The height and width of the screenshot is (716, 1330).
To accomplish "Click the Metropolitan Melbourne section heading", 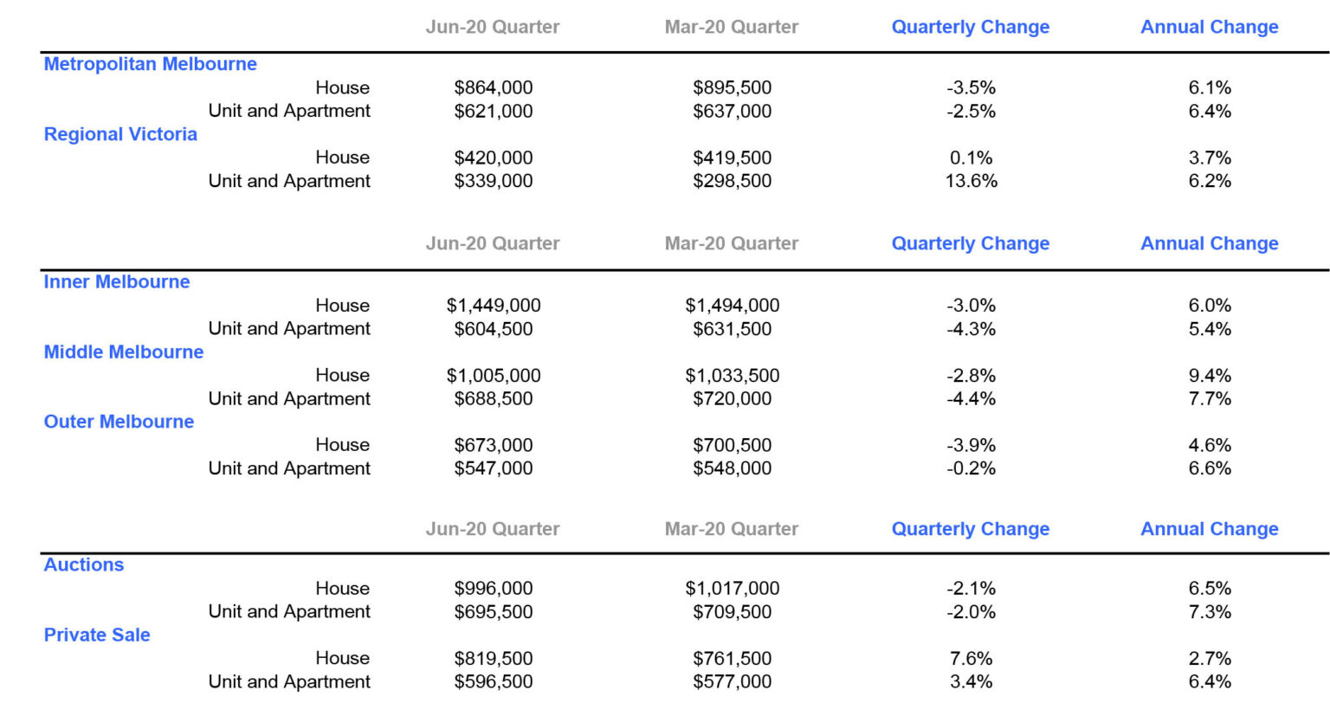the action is click(150, 64).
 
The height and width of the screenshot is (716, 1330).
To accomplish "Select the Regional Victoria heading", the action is click(120, 134).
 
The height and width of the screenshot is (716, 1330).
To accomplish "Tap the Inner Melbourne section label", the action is click(117, 281).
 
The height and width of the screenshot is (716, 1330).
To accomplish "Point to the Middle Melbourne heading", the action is click(124, 352).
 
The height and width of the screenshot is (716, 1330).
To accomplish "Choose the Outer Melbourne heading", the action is click(119, 422).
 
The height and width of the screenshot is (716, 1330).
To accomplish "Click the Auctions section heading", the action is click(84, 564).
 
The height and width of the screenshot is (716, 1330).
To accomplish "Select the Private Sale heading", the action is click(97, 635).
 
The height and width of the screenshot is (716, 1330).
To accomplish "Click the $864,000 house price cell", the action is click(493, 87).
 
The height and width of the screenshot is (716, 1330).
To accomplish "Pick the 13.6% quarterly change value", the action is click(971, 181).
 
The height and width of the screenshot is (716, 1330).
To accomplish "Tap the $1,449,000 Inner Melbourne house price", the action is click(493, 306).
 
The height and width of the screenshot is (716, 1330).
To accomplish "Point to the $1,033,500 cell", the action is click(732, 376).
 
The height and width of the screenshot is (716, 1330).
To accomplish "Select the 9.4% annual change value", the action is click(1209, 376).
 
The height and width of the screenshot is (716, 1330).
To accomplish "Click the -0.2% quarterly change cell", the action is click(971, 468).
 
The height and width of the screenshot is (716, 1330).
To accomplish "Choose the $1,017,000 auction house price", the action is click(732, 589).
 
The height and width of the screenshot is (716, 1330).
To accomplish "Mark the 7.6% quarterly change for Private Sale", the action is click(971, 659).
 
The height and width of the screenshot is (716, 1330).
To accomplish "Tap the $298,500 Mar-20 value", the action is click(732, 181).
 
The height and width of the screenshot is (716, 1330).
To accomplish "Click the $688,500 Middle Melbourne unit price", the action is click(493, 399).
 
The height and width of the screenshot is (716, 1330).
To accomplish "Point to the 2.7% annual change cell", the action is click(1209, 659).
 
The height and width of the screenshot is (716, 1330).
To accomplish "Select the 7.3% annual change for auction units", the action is click(1209, 612).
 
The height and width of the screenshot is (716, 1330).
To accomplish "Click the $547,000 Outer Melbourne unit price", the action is click(493, 468).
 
